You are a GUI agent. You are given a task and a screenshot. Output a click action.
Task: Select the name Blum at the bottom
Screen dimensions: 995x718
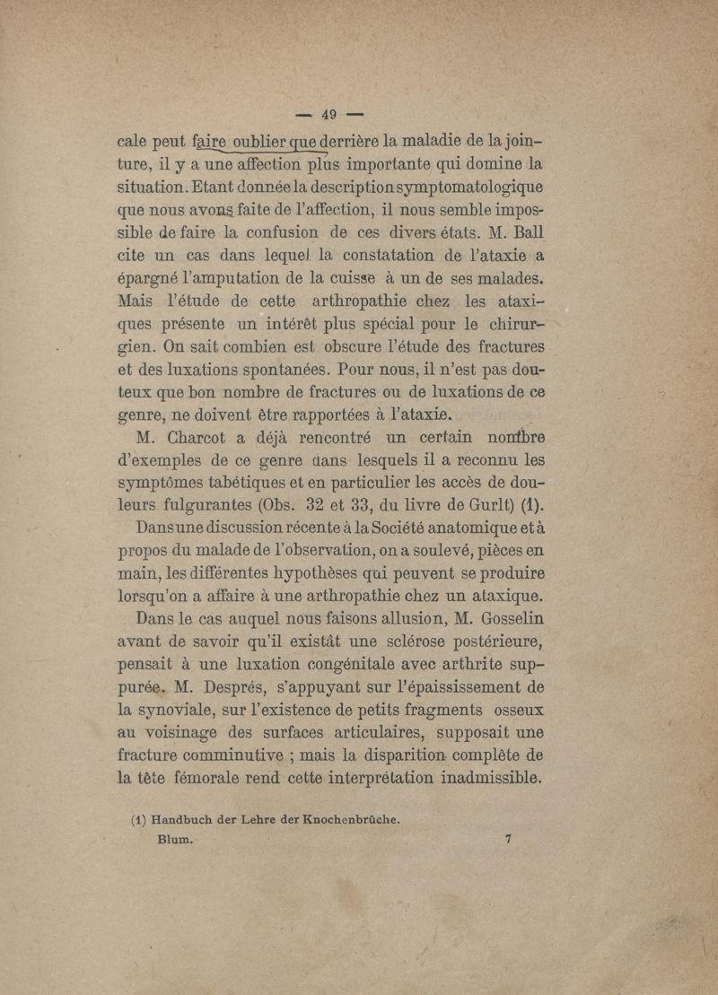(175, 839)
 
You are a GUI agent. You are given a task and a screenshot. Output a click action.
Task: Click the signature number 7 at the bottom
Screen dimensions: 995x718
(508, 839)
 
